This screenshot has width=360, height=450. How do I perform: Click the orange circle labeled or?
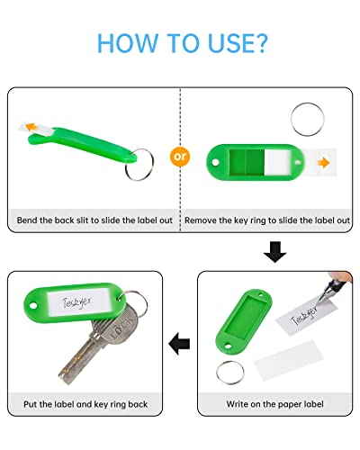[x=181, y=155]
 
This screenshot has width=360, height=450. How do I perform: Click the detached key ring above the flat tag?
[x=309, y=117]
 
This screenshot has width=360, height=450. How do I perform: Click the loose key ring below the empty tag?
[x=231, y=369]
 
